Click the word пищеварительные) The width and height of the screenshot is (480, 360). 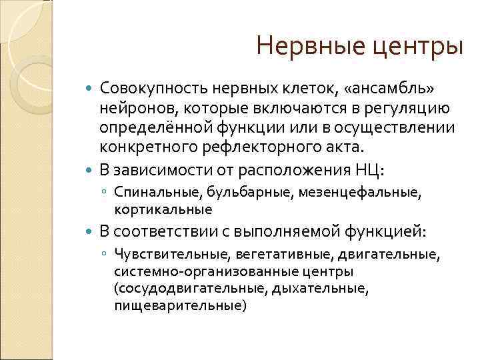point(180,306)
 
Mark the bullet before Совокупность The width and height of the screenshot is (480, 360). point(91,89)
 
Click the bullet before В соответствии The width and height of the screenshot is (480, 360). point(91,231)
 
